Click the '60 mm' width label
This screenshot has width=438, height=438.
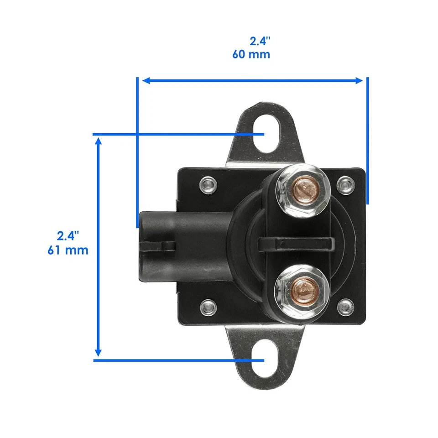coord(251,54)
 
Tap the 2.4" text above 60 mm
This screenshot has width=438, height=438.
coord(260,41)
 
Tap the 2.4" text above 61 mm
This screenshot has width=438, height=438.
coord(68,236)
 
